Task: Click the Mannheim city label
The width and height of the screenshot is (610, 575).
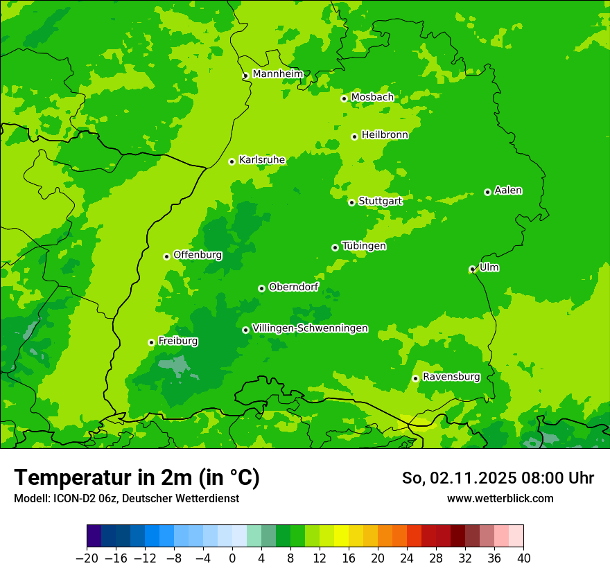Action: point(277,74)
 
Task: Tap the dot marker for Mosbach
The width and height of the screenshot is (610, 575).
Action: point(344,98)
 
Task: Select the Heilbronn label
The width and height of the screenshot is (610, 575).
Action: point(385,135)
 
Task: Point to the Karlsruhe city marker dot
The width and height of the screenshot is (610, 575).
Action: point(232,161)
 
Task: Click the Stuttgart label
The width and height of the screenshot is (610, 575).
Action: point(380,201)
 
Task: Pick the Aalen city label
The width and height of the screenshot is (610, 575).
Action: point(508,191)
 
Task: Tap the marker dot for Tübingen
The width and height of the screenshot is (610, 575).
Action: point(335,247)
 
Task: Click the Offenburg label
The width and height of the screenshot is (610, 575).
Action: point(198,255)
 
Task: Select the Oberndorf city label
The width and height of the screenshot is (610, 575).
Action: point(294,287)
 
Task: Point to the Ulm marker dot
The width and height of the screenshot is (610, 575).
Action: point(473,269)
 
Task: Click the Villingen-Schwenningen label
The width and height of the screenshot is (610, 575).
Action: point(310,328)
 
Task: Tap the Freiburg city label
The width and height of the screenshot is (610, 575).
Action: point(178,341)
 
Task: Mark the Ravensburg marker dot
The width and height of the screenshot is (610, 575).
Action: point(416,378)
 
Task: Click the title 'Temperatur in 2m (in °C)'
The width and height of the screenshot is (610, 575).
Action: point(137,478)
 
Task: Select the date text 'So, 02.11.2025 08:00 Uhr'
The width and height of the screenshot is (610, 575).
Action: point(498,478)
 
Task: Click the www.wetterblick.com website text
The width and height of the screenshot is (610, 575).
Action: point(500,498)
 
